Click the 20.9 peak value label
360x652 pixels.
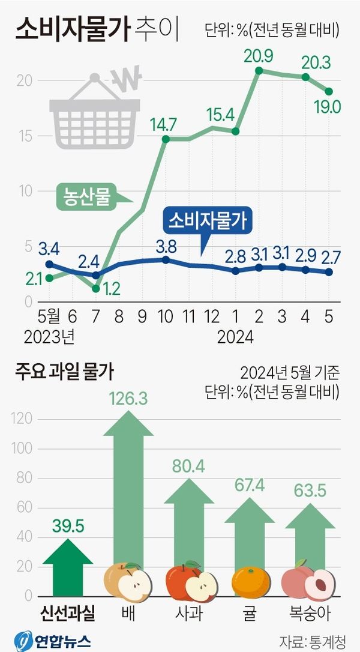[259, 57]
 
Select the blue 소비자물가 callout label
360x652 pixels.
[208, 222]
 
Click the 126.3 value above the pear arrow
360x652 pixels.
[128, 398]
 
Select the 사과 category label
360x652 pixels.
[191, 614]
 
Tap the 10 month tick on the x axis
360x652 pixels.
[165, 316]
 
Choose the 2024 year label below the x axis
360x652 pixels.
[235, 336]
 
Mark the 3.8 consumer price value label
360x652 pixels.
[166, 246]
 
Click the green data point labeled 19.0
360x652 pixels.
[329, 91]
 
